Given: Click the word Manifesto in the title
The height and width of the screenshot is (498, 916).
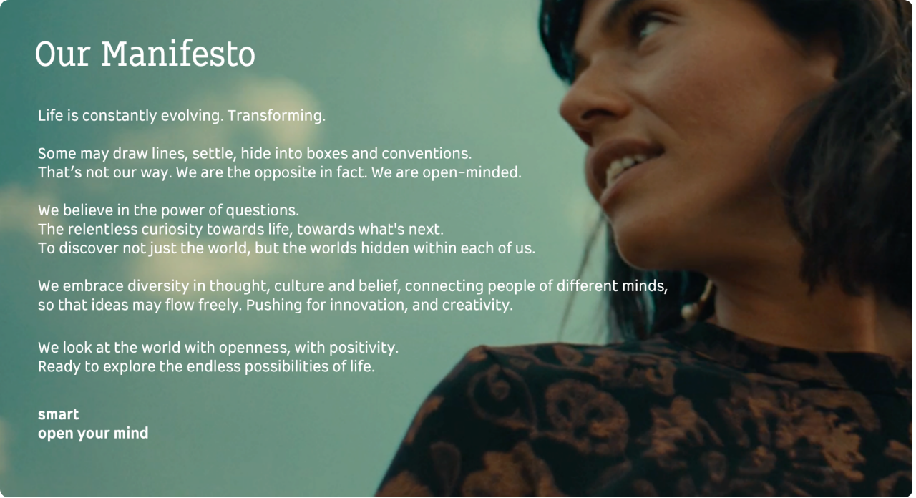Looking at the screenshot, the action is click(178, 54).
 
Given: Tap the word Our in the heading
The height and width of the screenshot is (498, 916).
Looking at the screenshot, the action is click(62, 54).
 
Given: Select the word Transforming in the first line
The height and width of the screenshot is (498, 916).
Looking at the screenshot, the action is click(276, 116).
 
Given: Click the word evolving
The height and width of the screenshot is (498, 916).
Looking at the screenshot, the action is click(193, 116).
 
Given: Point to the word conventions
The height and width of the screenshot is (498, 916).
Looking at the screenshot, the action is click(427, 154).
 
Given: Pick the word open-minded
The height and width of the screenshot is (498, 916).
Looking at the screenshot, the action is click(472, 172).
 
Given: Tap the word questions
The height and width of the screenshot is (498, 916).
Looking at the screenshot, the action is click(262, 210).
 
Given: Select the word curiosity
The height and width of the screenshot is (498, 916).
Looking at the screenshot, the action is click(172, 230).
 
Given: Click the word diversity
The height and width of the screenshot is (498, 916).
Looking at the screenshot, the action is click(158, 286).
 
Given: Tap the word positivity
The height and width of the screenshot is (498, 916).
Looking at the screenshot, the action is click(364, 348).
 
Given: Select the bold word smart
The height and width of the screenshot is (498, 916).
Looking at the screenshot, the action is click(59, 414).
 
